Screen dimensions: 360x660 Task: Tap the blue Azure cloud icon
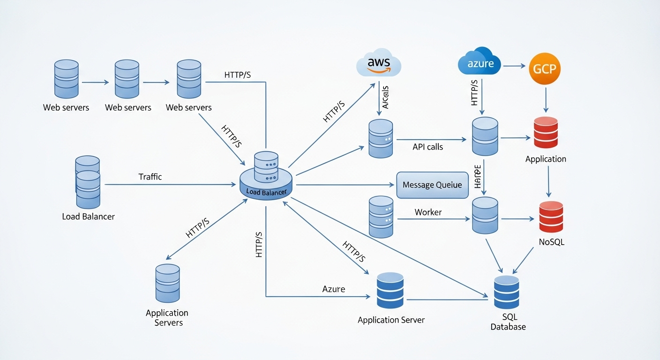coord(479,62)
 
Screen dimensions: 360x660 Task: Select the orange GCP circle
coord(544,68)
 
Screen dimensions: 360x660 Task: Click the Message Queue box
coord(432,185)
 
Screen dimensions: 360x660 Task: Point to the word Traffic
coord(150,177)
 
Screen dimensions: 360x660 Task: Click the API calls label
coord(427,147)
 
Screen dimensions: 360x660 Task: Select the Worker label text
coord(428,212)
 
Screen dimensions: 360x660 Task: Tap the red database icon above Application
coord(546,132)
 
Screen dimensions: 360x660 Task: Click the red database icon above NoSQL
coord(551,217)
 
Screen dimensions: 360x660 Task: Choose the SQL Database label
coord(508,322)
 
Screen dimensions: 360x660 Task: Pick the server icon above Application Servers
coord(167,283)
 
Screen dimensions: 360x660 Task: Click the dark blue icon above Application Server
coord(390,291)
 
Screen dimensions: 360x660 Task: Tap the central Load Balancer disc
coord(266,180)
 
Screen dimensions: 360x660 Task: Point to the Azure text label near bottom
coord(334,289)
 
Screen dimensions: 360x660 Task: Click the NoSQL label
coord(551,242)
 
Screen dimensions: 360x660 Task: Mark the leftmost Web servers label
coord(66,107)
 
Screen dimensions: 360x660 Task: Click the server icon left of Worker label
coord(381,217)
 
